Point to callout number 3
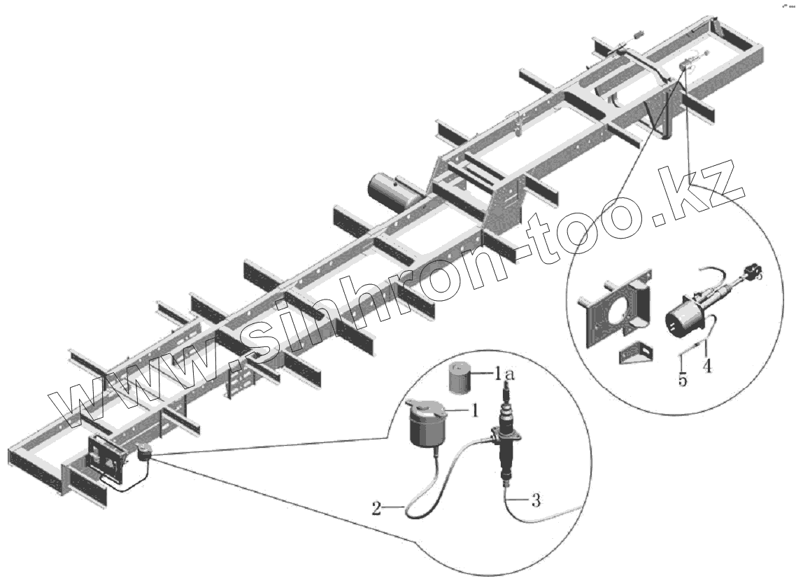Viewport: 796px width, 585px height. click(535, 501)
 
